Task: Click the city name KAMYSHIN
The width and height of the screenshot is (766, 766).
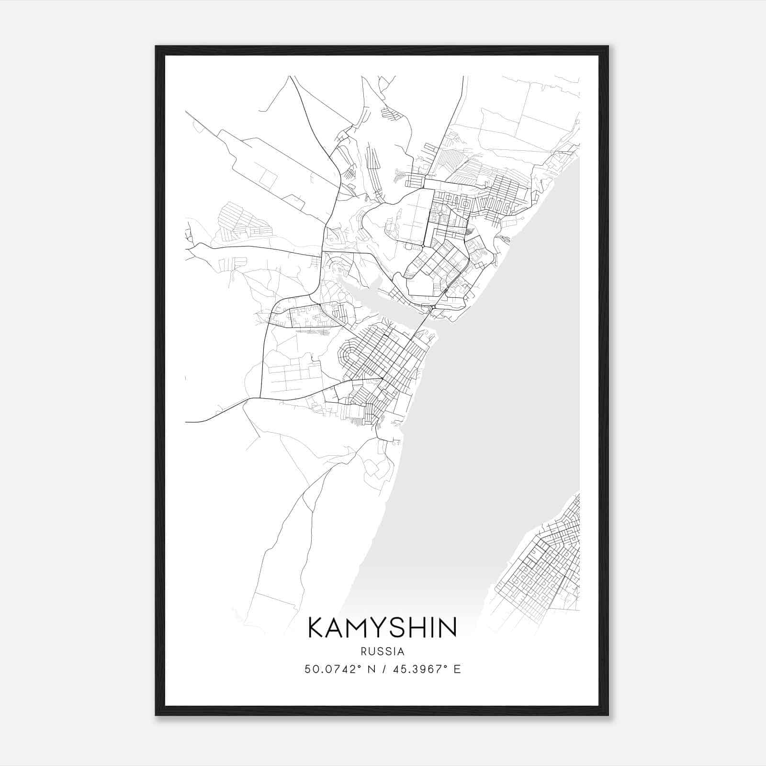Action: pos(382,628)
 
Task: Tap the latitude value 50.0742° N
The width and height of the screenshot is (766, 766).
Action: pos(339,669)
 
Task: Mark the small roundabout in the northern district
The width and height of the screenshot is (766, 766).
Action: pos(423,246)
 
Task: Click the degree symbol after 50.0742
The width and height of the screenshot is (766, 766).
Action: pos(360,666)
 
